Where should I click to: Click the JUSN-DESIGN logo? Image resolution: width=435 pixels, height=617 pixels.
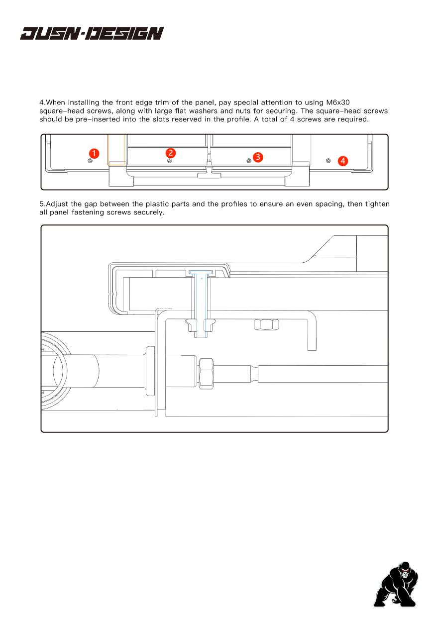pyautogui.click(x=92, y=33)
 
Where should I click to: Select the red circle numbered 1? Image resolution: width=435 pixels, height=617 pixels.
pyautogui.click(x=95, y=153)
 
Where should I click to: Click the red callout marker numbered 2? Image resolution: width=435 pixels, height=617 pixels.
pyautogui.click(x=170, y=152)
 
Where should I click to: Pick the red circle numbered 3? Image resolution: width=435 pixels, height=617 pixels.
pyautogui.click(x=257, y=157)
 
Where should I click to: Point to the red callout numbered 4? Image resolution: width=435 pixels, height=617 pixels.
pyautogui.click(x=343, y=161)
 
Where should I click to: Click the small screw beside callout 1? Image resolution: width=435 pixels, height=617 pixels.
pyautogui.click(x=90, y=160)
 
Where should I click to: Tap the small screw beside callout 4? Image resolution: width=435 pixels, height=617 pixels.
pyautogui.click(x=328, y=160)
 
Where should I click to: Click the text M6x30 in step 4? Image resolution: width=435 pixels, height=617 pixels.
pyautogui.click(x=338, y=102)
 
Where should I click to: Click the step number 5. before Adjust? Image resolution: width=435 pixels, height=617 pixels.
pyautogui.click(x=42, y=204)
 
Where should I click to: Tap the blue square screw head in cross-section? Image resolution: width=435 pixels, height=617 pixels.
pyautogui.click(x=202, y=273)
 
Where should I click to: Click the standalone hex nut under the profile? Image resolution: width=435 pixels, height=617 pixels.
pyautogui.click(x=266, y=325)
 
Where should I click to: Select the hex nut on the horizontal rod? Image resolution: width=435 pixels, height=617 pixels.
pyautogui.click(x=207, y=374)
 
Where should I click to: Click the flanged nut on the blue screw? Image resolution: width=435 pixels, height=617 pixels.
pyautogui.click(x=201, y=325)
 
